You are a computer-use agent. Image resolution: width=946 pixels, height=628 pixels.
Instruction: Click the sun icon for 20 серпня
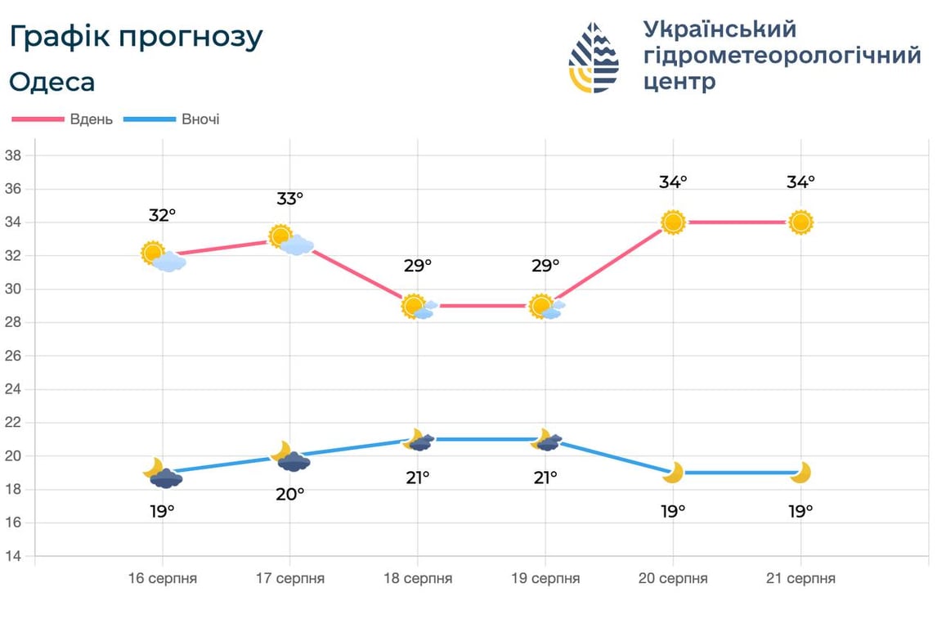(673, 222)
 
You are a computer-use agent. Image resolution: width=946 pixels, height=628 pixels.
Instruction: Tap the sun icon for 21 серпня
(800, 222)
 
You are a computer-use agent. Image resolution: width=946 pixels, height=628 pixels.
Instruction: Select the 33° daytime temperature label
(290, 198)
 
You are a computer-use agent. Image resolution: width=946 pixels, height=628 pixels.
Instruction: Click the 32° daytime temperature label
(163, 215)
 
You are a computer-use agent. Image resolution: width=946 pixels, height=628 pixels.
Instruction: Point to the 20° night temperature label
(290, 493)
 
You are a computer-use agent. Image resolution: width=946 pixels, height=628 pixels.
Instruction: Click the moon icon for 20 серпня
(673, 473)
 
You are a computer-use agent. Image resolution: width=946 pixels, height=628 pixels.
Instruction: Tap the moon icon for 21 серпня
(800, 473)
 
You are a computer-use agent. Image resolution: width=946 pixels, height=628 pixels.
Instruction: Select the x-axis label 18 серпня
(418, 578)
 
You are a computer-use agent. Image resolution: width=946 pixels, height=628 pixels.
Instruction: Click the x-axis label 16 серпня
(163, 578)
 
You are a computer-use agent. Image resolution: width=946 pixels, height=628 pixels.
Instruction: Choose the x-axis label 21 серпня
(800, 578)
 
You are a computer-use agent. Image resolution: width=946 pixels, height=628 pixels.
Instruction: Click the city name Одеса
(52, 82)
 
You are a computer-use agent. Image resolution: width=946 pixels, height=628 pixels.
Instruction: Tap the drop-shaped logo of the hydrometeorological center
(594, 57)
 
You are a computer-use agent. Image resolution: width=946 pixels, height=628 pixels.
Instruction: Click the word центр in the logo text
(679, 81)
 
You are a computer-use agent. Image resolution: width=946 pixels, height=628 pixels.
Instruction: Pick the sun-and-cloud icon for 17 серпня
(291, 240)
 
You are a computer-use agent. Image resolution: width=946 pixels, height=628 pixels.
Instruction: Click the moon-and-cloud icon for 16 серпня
(163, 474)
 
